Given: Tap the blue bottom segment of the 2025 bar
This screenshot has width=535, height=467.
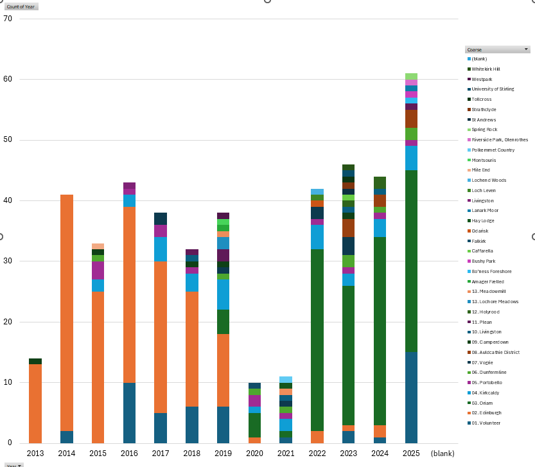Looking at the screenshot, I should pyautogui.click(x=411, y=397).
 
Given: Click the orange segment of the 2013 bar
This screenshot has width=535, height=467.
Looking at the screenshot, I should pyautogui.click(x=35, y=403).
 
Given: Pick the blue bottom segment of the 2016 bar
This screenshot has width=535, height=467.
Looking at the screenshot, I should pyautogui.click(x=129, y=412).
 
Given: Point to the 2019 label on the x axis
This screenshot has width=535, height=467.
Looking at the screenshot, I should pyautogui.click(x=223, y=454).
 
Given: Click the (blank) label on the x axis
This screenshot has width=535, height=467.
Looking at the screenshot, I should pyautogui.click(x=443, y=454).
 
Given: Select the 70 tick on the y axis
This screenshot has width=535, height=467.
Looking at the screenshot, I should pyautogui.click(x=8, y=19).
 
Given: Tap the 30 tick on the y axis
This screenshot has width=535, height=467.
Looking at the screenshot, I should pyautogui.click(x=8, y=261).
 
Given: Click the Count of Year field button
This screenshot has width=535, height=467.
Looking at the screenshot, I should pyautogui.click(x=21, y=6).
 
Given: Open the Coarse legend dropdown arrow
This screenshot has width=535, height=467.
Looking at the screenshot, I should pyautogui.click(x=527, y=49).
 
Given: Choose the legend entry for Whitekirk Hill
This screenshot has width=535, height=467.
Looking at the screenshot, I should pyautogui.click(x=486, y=69).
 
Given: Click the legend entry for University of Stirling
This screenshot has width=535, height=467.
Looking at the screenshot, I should pyautogui.click(x=493, y=89).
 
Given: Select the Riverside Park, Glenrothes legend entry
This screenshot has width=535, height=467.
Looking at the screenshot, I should pyautogui.click(x=499, y=140).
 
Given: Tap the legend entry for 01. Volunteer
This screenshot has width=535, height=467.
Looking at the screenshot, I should pyautogui.click(x=486, y=423).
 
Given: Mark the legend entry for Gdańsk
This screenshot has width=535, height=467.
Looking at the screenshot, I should pyautogui.click(x=480, y=231).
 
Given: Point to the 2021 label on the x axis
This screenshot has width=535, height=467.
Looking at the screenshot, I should pyautogui.click(x=285, y=454).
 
